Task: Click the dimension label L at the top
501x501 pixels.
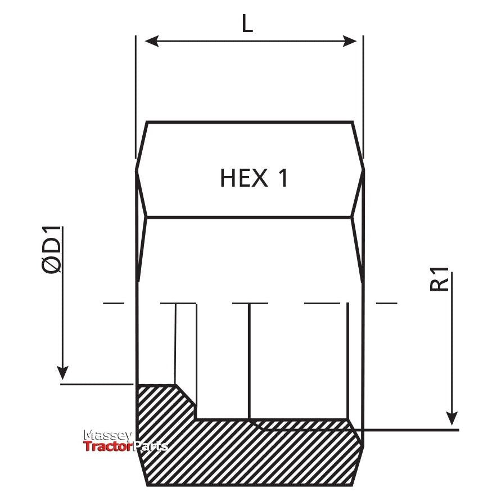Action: pyautogui.click(x=247, y=24)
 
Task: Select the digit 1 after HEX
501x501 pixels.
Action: pyautogui.click(x=282, y=178)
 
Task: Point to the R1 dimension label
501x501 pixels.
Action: pyautogui.click(x=440, y=280)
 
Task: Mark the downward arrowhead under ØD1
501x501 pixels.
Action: pyautogui.click(x=63, y=372)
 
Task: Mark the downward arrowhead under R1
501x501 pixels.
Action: pyautogui.click(x=452, y=417)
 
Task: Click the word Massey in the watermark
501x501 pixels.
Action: pyautogui.click(x=107, y=436)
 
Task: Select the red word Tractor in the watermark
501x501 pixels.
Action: pyautogui.click(x=107, y=447)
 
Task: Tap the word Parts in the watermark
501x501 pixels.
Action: pyautogui.click(x=150, y=447)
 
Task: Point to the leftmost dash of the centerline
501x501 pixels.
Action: pyautogui.click(x=114, y=304)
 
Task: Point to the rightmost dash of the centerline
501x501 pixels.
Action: pyautogui.click(x=386, y=304)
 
